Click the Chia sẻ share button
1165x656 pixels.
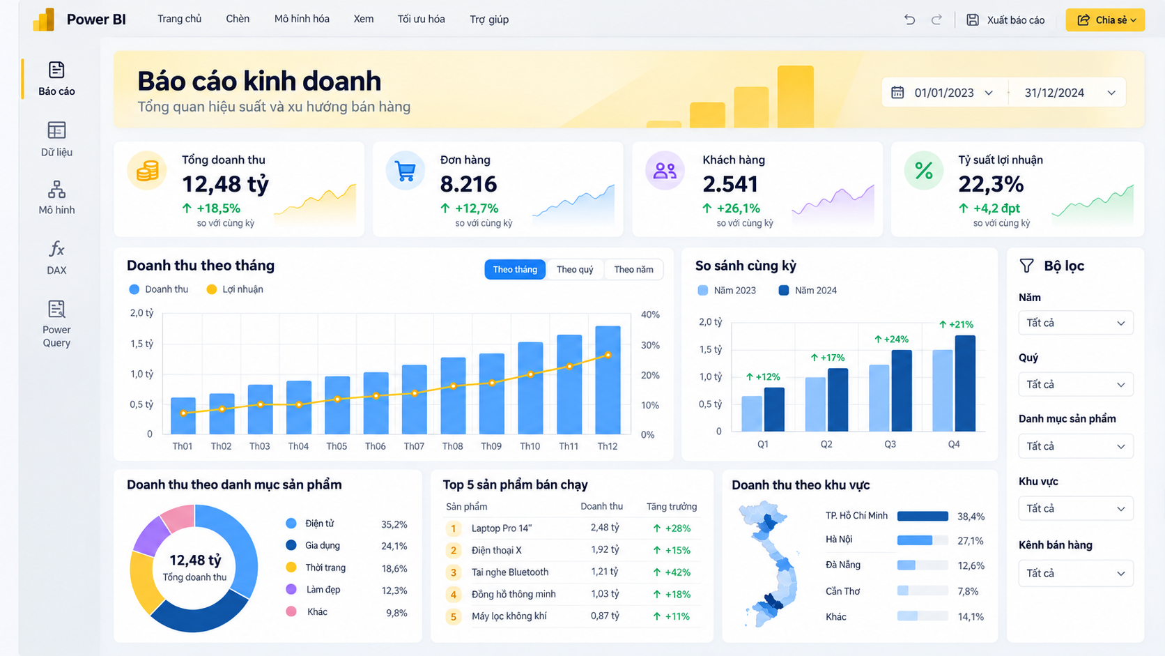pos(1105,20)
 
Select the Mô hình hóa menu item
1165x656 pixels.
pos(302,19)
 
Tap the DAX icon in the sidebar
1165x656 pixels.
pos(56,249)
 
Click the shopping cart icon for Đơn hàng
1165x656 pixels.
pos(405,171)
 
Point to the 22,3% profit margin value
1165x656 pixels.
pos(991,184)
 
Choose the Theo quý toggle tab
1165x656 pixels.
pos(575,270)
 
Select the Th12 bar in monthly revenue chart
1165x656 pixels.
pos(608,380)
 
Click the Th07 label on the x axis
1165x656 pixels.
pos(414,446)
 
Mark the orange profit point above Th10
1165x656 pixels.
pos(530,374)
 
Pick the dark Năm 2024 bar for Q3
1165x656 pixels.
pos(902,390)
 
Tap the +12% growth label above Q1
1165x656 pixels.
pos(763,376)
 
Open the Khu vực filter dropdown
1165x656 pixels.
pos(1076,508)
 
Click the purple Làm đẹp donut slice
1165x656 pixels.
pos(151,536)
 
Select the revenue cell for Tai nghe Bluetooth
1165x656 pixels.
pos(604,572)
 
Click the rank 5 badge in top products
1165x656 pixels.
pos(453,616)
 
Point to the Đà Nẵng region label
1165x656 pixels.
pos(842,565)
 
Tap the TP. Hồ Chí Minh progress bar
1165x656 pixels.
pos(923,516)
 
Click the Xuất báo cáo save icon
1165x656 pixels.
pos(973,20)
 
